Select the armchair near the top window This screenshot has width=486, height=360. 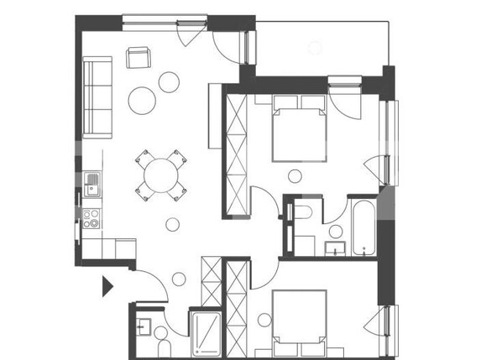(137, 57)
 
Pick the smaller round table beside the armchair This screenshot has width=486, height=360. (170, 82)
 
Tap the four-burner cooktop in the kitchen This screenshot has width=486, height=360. (91, 220)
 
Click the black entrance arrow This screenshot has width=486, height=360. (107, 287)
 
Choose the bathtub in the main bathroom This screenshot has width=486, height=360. (364, 227)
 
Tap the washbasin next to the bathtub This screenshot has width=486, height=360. (333, 246)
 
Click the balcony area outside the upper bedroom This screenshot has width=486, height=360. (319, 46)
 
